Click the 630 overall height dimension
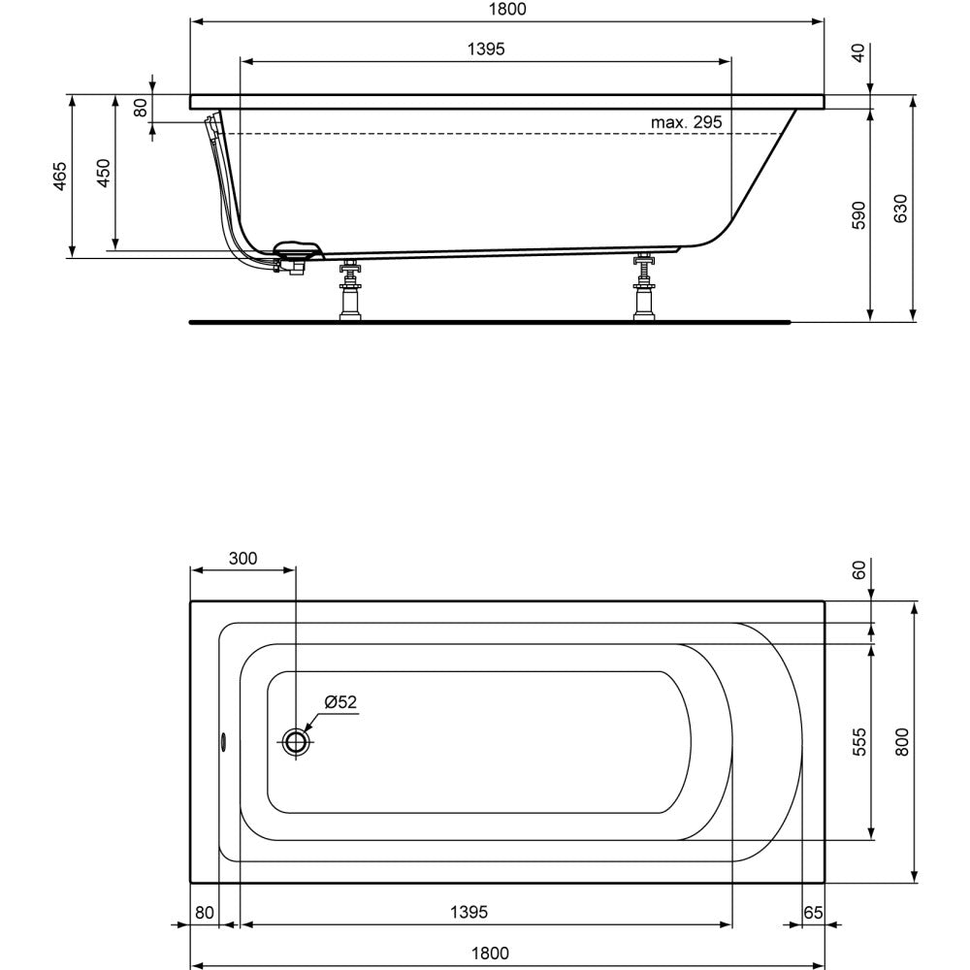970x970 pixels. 900,209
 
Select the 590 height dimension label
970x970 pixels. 858,214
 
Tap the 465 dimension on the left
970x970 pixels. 59,176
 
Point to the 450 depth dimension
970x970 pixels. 103,174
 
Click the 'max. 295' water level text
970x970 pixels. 686,122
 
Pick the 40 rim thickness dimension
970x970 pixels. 858,53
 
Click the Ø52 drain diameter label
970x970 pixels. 340,701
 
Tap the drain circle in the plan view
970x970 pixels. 296,740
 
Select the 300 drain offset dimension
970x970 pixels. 242,558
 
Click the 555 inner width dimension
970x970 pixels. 858,742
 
